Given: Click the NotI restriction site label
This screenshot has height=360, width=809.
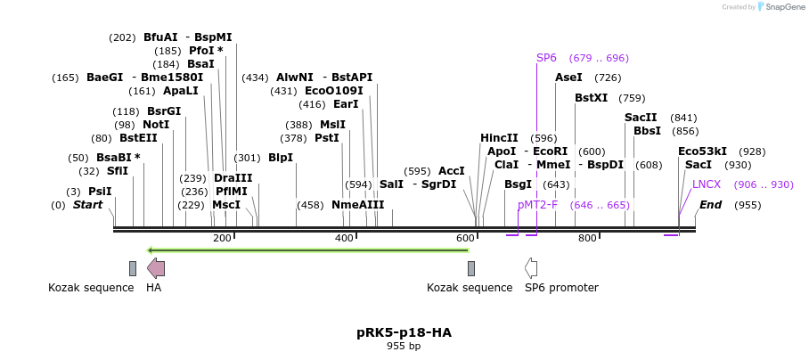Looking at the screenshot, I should (x=155, y=125).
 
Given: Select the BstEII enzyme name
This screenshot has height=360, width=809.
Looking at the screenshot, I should (x=138, y=138).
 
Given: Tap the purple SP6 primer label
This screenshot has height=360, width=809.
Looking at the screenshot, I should (x=546, y=58).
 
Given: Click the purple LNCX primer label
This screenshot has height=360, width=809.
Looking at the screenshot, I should (x=707, y=184).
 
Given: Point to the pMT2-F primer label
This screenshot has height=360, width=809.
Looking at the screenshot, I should (x=537, y=205).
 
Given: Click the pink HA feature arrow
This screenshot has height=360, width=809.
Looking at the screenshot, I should (x=156, y=267).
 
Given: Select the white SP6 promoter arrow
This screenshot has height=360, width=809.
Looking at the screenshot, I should (x=531, y=267).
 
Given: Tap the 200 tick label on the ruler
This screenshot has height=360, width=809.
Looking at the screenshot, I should (x=222, y=238).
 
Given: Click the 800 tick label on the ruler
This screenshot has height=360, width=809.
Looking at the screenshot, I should (x=587, y=238).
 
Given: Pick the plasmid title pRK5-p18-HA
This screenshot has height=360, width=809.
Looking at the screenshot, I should (x=404, y=332).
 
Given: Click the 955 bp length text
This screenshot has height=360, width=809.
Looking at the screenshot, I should (x=404, y=346).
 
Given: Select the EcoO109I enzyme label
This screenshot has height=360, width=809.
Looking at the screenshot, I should (x=334, y=91).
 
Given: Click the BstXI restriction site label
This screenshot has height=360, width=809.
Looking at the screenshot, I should (x=592, y=98).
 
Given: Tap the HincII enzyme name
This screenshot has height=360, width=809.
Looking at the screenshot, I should (x=499, y=138).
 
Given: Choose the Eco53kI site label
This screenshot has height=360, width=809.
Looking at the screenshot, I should (x=702, y=151).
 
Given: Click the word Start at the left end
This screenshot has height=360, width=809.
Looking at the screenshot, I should (x=87, y=205).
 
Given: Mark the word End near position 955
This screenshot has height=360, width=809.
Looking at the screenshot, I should (x=710, y=205).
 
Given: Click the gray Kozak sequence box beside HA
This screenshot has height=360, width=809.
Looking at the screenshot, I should (x=133, y=268).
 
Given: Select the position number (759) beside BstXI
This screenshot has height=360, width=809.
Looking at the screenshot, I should (x=632, y=98).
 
